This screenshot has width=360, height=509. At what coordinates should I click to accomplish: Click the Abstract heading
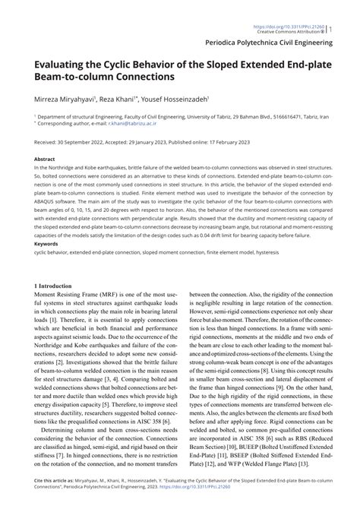point(44,160)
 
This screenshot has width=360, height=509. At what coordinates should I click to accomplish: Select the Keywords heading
point(46,244)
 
